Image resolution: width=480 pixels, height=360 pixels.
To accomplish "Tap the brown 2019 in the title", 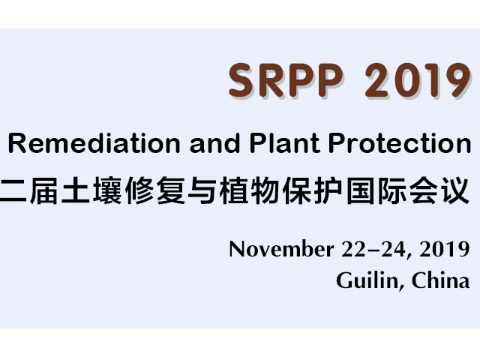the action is pos(418,80).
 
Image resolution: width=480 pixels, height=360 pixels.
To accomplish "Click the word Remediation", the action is pos(94,143).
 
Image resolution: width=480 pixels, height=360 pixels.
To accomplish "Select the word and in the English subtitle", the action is pos(215,143).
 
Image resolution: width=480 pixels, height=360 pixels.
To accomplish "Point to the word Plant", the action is pos(285,143).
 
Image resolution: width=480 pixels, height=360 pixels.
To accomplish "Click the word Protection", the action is pos(400,143).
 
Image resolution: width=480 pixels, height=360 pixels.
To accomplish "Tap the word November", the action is pos(282,249).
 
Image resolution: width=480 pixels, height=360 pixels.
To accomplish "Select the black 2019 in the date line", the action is pos(445,249).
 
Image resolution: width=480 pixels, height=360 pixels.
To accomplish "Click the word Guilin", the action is pos(367,280).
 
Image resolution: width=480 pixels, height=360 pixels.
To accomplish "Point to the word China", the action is pos(440,280).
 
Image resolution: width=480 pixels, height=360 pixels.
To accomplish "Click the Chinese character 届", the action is pos(43,190).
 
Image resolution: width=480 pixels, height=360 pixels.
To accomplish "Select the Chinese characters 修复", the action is pos(155,190).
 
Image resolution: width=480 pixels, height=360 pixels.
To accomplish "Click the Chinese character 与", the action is pos(202,190).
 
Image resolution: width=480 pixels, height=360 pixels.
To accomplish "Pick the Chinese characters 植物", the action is pos(250,190).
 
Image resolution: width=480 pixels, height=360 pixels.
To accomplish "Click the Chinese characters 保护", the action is pos(313,190).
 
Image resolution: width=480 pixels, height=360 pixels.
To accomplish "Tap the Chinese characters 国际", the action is pos(376,190).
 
